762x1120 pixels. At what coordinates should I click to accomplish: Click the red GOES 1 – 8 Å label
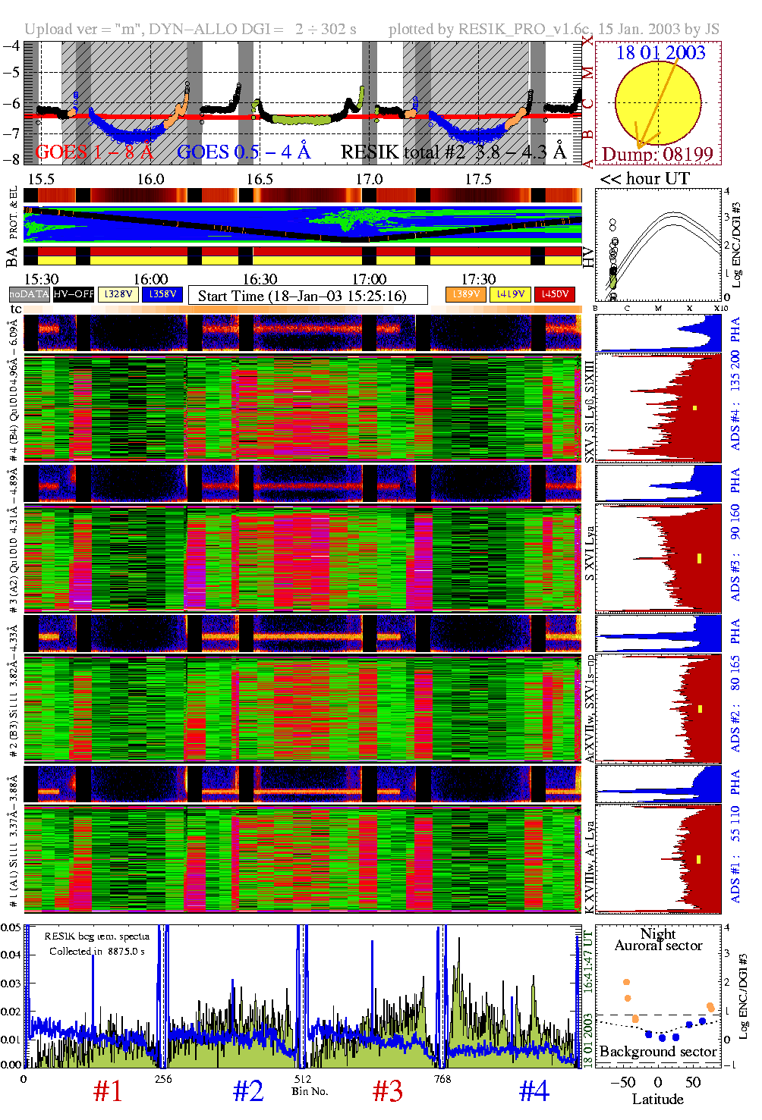coord(94,152)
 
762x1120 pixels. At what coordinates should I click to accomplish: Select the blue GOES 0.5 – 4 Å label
coord(244,152)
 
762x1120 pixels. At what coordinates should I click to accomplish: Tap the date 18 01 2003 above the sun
coord(660,53)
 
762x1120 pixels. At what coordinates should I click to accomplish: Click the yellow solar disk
coord(657,102)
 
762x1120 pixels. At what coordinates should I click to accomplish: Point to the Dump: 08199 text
coord(657,155)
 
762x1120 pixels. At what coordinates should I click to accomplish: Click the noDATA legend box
coord(30,294)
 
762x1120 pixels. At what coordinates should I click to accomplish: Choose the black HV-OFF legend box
coord(74,294)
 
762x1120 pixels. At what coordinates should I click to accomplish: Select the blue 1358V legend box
coord(162,294)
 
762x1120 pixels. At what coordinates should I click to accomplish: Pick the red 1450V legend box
coord(555,294)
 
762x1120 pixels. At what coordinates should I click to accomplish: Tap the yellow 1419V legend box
coord(511,294)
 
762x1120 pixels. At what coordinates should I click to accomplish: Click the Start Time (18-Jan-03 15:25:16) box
coord(307,296)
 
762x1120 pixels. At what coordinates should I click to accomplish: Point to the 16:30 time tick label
coord(260,280)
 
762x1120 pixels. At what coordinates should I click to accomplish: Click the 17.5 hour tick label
coord(478,179)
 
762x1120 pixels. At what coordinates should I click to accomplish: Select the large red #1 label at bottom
coord(108,1091)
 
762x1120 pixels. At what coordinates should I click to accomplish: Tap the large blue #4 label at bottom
coord(534,1091)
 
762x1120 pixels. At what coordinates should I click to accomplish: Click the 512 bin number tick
coord(303,1079)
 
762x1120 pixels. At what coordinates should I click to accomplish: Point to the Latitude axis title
coord(657,1100)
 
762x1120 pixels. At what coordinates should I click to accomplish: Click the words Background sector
coord(658,1052)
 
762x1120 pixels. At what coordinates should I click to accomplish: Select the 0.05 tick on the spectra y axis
coord(11,927)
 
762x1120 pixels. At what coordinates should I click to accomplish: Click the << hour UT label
coord(644,179)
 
